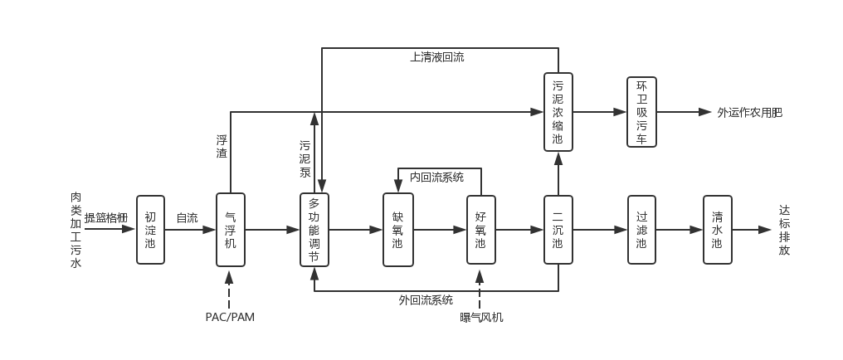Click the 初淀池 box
click(150, 230)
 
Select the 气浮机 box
click(231, 230)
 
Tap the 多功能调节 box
click(314, 230)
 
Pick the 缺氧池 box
click(397, 230)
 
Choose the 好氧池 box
click(480, 230)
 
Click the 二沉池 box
click(558, 230)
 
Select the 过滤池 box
click(641, 230)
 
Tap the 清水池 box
click(717, 230)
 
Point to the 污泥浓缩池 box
click(558, 111)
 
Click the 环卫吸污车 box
click(641, 111)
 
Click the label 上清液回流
click(437, 58)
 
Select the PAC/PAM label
click(230, 317)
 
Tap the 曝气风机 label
click(481, 317)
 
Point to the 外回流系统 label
click(426, 300)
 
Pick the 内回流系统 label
click(436, 177)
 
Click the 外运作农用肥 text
click(749, 112)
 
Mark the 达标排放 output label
click(784, 230)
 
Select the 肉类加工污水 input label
click(76, 230)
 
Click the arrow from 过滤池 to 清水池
click(680, 230)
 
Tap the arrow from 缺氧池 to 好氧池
click(440, 230)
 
